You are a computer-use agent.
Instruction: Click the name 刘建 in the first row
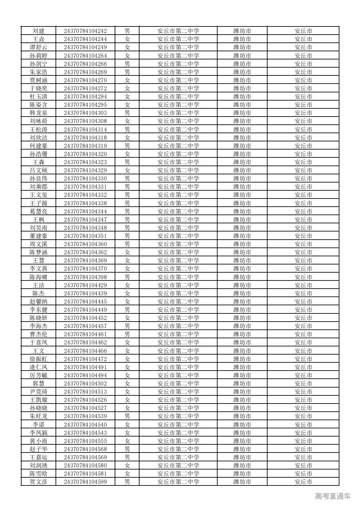39,31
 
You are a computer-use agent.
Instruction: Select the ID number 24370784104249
85,47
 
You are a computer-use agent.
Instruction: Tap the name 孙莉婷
39,56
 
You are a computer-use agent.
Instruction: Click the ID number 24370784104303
85,113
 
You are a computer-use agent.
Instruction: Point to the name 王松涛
39,130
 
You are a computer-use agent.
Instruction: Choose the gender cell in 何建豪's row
127,146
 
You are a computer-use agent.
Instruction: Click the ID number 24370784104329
85,170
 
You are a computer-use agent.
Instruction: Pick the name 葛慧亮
39,212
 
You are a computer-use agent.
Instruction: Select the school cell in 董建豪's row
178,236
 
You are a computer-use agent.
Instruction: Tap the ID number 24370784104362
85,252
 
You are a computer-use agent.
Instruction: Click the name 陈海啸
39,277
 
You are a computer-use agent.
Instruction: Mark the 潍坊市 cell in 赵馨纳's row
242,302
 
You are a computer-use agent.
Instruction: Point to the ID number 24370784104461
85,334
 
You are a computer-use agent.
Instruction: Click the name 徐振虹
39,359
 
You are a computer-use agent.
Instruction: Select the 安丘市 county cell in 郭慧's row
303,384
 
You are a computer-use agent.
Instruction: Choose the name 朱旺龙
39,416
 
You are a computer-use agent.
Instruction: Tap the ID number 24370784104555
85,441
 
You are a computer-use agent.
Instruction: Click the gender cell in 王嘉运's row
127,457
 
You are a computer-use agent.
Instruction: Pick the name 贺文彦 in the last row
39,482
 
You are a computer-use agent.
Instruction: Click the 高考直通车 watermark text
333,496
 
